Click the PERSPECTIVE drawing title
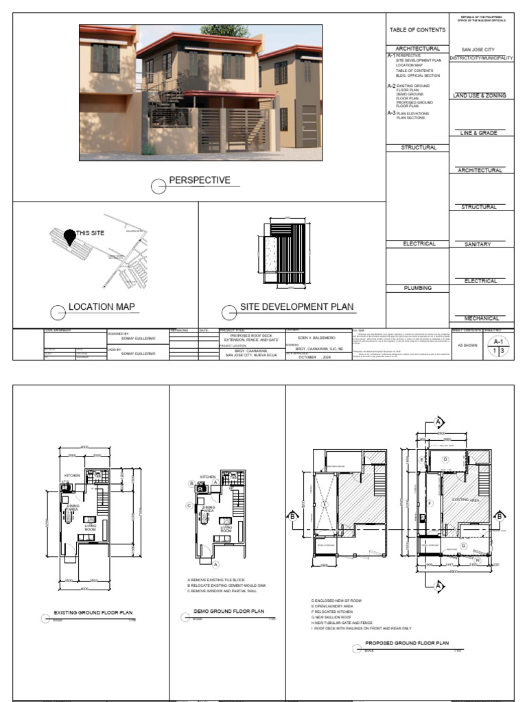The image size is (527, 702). point(200,181)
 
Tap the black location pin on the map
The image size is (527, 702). point(69,237)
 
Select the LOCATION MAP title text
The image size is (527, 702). point(102,306)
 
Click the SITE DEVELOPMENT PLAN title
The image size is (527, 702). point(296,307)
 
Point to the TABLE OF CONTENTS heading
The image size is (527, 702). point(417,30)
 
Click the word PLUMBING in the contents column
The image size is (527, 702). point(417,288)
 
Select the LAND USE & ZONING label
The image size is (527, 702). point(480,95)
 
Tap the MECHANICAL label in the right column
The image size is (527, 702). point(480,318)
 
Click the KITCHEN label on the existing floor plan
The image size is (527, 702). point(73,475)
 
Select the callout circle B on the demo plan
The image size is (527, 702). point(191,483)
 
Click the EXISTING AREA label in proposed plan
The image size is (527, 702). point(465,500)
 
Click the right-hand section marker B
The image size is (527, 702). point(500,516)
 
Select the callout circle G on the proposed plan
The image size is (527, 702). point(463,546)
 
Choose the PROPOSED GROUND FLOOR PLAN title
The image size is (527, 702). point(407,644)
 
